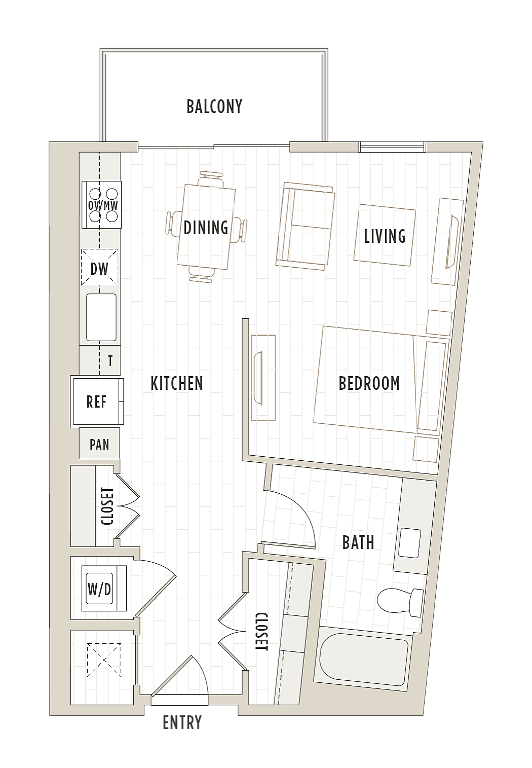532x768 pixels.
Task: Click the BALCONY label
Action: (214, 106)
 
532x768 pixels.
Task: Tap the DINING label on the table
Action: (206, 227)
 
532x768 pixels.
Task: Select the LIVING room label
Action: (385, 236)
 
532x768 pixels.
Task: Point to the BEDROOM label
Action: (369, 383)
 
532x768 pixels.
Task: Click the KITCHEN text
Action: (177, 383)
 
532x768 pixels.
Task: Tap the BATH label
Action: (358, 543)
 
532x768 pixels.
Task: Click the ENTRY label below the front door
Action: (182, 722)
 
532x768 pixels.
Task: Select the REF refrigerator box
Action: (97, 401)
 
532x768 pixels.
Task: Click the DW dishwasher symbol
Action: (99, 268)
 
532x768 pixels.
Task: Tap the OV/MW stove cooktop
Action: (102, 205)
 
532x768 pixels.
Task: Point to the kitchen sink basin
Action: (101, 317)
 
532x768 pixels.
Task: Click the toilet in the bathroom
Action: (400, 600)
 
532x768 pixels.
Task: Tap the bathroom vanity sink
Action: (409, 543)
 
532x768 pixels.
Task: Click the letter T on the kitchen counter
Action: (110, 361)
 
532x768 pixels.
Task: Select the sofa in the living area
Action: (305, 226)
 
